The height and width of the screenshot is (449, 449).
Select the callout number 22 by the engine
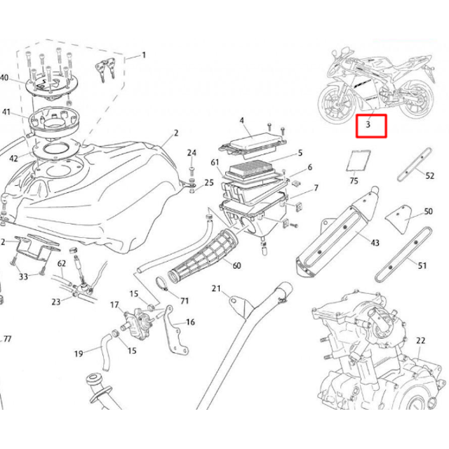421,340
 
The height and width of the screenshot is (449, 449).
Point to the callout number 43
375,243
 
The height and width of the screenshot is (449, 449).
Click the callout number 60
236,265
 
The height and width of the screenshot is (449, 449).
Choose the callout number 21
216,289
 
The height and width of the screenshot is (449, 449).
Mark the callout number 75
354,181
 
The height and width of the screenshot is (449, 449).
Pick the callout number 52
430,177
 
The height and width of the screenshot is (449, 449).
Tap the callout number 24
192,152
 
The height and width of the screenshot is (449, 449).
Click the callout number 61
215,163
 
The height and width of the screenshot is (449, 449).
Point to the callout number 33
24,277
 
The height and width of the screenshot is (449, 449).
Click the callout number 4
241,121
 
